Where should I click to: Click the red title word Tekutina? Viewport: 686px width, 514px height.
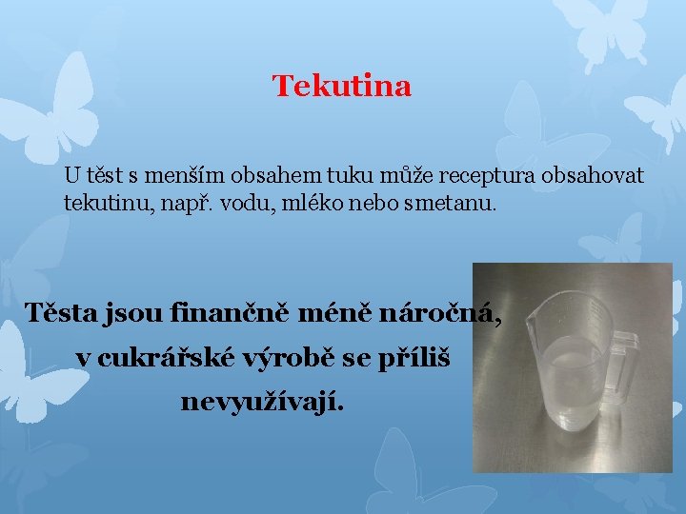click(342, 87)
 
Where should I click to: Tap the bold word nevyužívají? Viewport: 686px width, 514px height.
click(263, 403)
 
